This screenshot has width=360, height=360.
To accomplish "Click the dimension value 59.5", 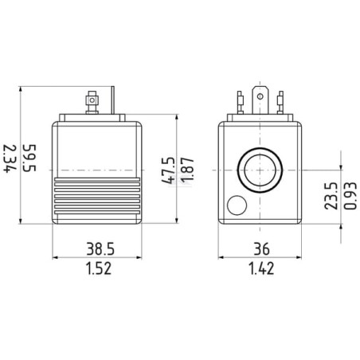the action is point(29,158).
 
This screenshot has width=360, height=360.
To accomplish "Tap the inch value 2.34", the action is point(10,158).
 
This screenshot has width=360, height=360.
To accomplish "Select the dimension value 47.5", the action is point(168,170).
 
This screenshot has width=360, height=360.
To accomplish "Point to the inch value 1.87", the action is point(187,170).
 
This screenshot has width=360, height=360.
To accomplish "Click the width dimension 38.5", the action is point(100,249).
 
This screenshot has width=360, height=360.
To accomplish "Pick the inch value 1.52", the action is point(99,268).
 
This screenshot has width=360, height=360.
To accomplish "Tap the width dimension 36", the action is point(261,249).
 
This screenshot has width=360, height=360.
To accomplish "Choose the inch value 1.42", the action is point(261,268).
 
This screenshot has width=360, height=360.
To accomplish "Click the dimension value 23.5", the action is point(331,196).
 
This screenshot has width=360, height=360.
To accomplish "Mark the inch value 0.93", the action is point(350,196).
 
